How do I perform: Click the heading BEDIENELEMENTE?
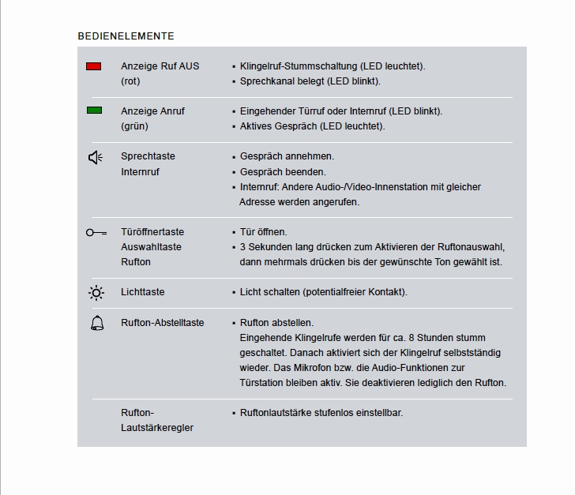click(x=126, y=36)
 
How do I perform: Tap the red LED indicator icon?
click(x=94, y=66)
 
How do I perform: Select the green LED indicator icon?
click(x=94, y=111)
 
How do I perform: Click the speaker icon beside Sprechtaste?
click(x=96, y=158)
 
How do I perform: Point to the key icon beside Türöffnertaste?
click(x=96, y=233)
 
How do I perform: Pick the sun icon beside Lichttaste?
click(x=96, y=294)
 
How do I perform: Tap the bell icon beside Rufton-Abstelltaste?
click(x=97, y=324)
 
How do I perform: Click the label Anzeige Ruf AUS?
click(x=160, y=66)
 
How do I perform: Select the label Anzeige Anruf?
click(x=152, y=111)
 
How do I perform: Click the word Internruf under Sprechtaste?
click(x=140, y=172)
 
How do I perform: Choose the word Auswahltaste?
click(x=151, y=247)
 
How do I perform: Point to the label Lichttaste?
click(x=142, y=292)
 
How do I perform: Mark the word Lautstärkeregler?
click(x=156, y=428)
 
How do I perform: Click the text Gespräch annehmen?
click(x=287, y=156)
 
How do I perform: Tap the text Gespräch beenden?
click(x=283, y=172)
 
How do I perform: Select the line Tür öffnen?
click(x=264, y=232)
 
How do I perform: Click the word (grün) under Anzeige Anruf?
click(x=134, y=126)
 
